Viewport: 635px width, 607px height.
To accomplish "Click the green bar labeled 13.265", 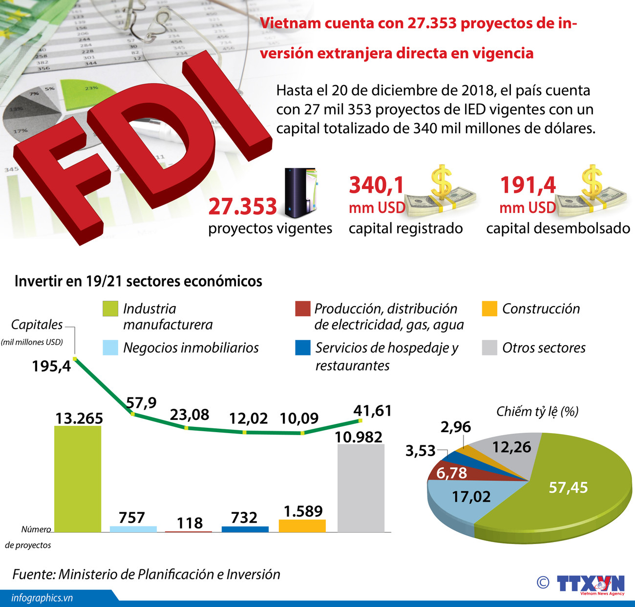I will coord(77,479).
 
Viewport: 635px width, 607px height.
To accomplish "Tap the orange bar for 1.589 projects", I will coord(302,525).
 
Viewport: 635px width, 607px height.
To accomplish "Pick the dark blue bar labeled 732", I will coord(245,529).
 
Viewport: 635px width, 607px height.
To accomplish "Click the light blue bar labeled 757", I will coord(133,529).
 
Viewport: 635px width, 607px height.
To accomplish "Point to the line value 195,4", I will coord(51,366).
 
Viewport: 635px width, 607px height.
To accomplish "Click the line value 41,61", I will coord(372,411).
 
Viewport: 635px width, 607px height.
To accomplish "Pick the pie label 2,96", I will coord(455,427).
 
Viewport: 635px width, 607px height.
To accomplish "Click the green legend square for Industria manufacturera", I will coord(110,309).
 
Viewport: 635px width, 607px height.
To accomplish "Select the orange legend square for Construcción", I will coord(489,309).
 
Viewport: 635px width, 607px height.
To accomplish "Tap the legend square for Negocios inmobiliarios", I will coord(110,348).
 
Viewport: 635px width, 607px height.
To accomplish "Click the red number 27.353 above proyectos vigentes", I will coord(242,207).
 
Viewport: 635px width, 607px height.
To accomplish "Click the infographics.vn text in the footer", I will coord(42,598).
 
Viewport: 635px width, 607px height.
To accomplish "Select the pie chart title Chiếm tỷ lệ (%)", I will coord(537,412).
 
